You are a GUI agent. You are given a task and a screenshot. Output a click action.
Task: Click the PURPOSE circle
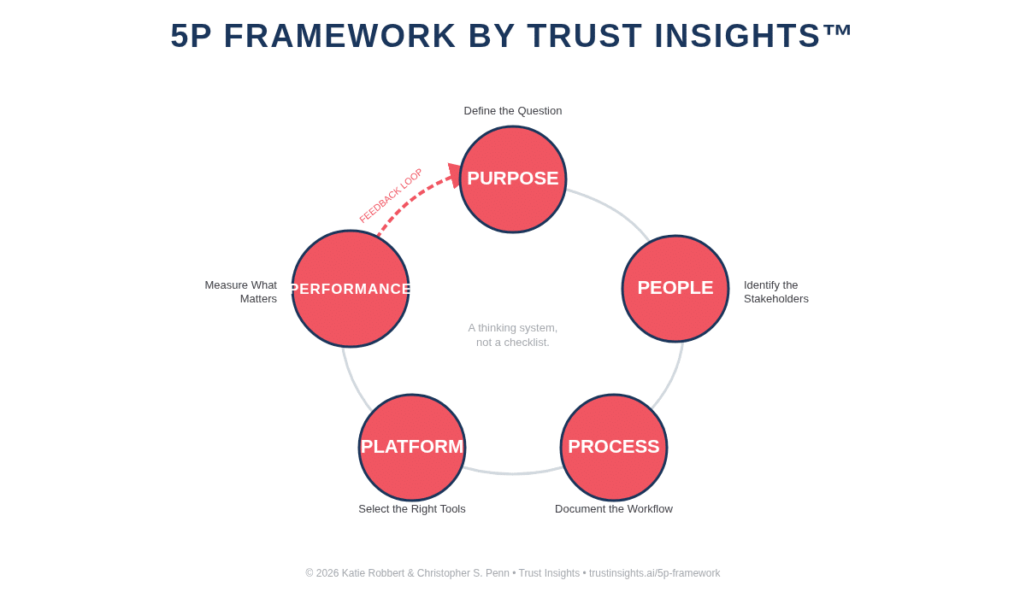pyautogui.click(x=513, y=179)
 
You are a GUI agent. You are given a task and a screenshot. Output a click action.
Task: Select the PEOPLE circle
pyautogui.click(x=675, y=289)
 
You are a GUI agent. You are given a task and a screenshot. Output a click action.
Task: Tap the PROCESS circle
pyautogui.click(x=614, y=448)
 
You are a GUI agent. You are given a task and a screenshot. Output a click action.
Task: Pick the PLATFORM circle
pyautogui.click(x=412, y=448)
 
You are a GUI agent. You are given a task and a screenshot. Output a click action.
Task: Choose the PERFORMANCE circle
pyautogui.click(x=351, y=289)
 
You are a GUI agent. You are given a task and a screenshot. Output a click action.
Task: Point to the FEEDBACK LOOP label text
pyautogui.click(x=391, y=196)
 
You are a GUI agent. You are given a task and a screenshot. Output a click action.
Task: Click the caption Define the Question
pyautogui.click(x=513, y=111)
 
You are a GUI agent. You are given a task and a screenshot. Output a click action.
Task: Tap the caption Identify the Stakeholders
pyautogui.click(x=775, y=292)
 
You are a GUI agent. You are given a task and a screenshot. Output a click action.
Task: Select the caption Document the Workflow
pyautogui.click(x=614, y=509)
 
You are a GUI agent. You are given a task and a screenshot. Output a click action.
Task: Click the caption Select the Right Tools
pyautogui.click(x=412, y=509)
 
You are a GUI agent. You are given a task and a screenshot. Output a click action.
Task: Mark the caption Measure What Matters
pyautogui.click(x=242, y=292)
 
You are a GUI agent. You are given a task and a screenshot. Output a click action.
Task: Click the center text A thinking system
pyautogui.click(x=513, y=328)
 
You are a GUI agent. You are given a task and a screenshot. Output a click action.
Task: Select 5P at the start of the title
pyautogui.click(x=191, y=36)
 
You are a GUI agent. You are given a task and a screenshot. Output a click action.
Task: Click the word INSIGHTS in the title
pyautogui.click(x=737, y=36)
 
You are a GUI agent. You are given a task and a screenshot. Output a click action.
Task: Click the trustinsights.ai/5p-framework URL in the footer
pyautogui.click(x=654, y=573)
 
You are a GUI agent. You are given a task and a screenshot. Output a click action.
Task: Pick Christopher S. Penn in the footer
pyautogui.click(x=463, y=573)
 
